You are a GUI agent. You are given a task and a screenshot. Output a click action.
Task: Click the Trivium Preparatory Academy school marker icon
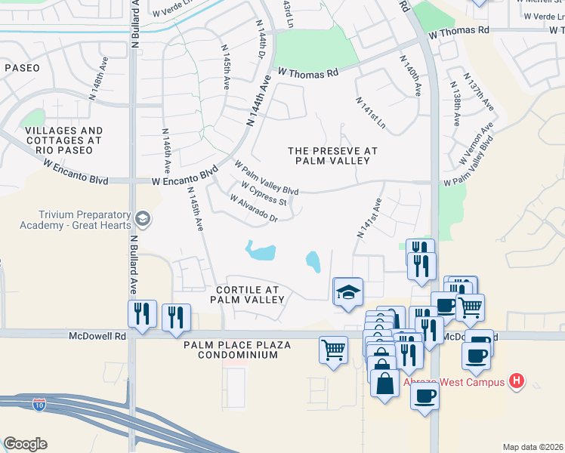142,220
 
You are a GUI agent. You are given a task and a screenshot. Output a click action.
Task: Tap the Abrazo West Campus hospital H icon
517,381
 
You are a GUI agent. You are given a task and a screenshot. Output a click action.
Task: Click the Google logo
25,444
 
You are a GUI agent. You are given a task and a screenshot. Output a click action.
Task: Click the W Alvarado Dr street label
255,208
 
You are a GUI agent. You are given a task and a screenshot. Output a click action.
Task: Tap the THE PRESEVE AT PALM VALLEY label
332,156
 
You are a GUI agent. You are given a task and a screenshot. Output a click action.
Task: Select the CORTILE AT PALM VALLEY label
247,294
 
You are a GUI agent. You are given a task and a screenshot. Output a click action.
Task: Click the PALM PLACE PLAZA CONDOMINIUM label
237,350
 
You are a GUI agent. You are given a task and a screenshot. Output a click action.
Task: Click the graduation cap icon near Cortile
348,291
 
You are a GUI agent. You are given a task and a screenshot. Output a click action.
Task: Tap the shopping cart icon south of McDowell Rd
333,350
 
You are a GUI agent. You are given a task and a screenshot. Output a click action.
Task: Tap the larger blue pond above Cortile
260,251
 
